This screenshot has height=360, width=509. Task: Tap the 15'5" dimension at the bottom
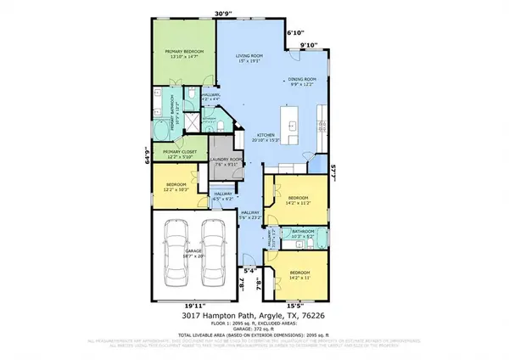pyautogui.click(x=294, y=304)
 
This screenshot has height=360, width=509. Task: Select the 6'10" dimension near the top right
pyautogui.click(x=295, y=32)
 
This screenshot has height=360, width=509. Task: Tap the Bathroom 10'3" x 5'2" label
pyautogui.click(x=303, y=233)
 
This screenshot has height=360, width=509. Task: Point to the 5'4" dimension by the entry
pyautogui.click(x=249, y=272)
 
